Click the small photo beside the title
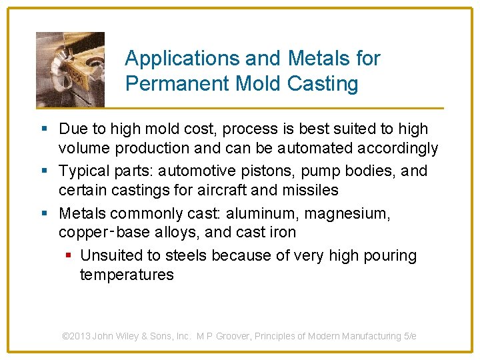pos(70,69)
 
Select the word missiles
pos(313,190)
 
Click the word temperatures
pos(127,275)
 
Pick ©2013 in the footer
pos(76,337)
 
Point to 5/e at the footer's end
pos(410,337)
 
